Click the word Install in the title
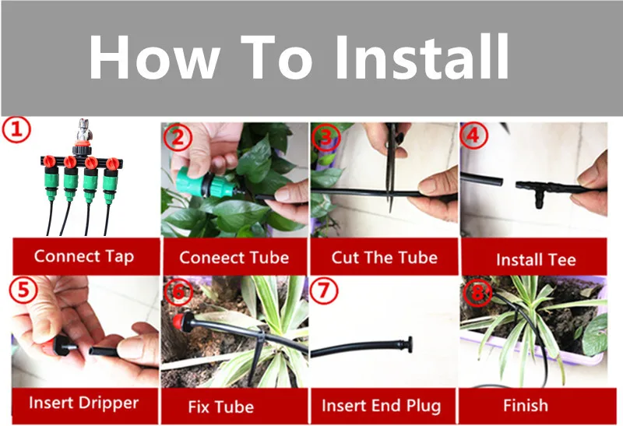pos(422,57)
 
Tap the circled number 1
pos(16,129)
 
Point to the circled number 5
pos(23,290)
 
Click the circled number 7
pos(324,290)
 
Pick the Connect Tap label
pos(84,257)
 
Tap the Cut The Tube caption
pos(385,258)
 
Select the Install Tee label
pos(536,260)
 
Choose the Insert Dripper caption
pos(84,403)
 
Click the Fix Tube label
pos(221,407)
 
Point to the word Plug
pos(424,406)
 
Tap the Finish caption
pos(526,405)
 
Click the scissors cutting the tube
pos(392,167)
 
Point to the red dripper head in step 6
pos(181,321)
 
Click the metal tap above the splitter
pos(84,129)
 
